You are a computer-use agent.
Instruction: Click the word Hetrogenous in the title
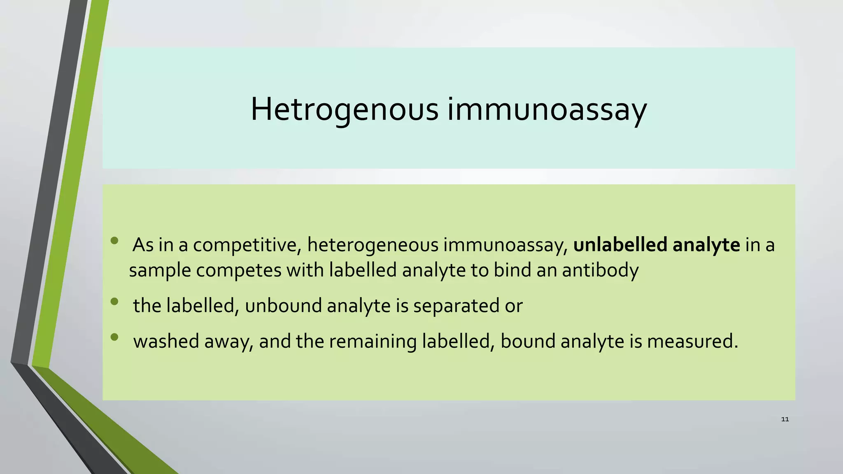click(x=345, y=109)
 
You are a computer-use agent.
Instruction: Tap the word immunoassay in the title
click(x=547, y=109)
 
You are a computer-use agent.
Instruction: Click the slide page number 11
click(x=785, y=419)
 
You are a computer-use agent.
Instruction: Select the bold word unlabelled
click(x=620, y=245)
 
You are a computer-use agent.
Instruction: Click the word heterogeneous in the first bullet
click(x=373, y=245)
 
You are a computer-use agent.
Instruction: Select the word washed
click(x=166, y=341)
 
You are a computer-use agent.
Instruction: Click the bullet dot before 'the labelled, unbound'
click(x=114, y=302)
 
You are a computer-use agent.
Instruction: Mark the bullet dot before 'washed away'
click(x=114, y=337)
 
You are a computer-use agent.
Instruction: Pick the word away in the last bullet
click(x=228, y=341)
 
